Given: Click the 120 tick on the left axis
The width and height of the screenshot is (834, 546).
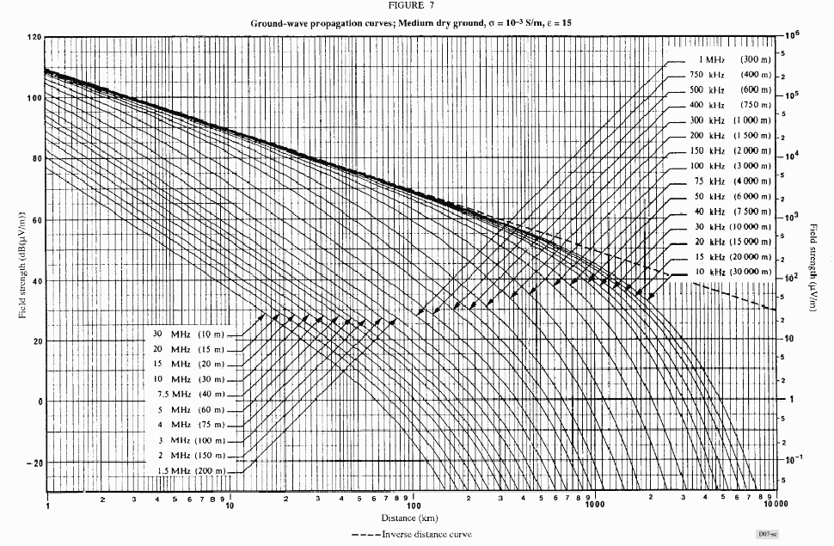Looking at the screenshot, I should (x=34, y=38).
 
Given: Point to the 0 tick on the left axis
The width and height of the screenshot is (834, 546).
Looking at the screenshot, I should (x=39, y=402).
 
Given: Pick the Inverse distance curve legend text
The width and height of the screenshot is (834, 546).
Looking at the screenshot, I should (x=411, y=535).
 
